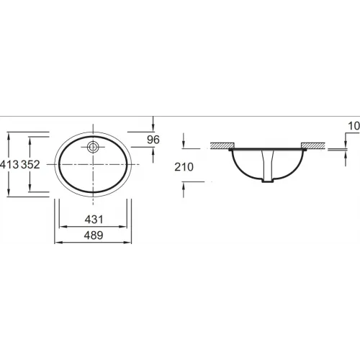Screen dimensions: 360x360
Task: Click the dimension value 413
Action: pyautogui.click(x=9, y=165)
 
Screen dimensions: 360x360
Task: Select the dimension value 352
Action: pyautogui.click(x=30, y=165)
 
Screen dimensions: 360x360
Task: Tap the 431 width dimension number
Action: pyautogui.click(x=94, y=220)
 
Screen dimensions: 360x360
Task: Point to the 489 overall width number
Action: pyautogui.click(x=94, y=235)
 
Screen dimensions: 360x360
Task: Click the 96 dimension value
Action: pyautogui.click(x=153, y=140)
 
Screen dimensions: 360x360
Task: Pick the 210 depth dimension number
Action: pyautogui.click(x=184, y=167)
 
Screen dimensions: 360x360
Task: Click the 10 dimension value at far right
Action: pyautogui.click(x=354, y=126)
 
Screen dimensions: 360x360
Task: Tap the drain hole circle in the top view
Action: pyautogui.click(x=93, y=147)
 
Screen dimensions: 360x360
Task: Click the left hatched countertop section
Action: pyautogui.click(x=222, y=145)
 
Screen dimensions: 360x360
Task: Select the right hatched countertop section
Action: pyautogui.click(x=313, y=145)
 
